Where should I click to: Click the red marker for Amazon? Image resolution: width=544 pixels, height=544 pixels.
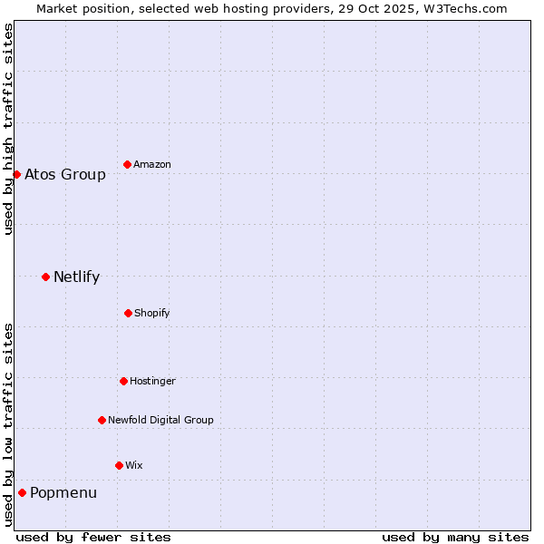tap(127, 164)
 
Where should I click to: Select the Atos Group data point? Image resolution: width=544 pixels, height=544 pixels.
tap(16, 174)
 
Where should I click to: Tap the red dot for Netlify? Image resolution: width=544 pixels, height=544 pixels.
tap(45, 277)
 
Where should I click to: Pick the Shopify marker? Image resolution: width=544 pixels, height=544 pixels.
tap(128, 313)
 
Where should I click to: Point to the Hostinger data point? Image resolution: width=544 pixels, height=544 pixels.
tap(123, 381)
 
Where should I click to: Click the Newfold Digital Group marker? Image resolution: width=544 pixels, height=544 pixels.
tap(102, 420)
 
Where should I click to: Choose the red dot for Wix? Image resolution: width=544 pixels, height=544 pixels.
tap(119, 465)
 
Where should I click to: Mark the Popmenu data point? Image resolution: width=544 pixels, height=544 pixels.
tap(22, 492)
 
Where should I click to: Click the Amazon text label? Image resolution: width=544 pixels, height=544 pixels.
tap(152, 165)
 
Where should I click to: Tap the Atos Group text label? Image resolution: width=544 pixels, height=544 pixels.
tap(65, 174)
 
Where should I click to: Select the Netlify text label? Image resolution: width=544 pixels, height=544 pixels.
tap(76, 277)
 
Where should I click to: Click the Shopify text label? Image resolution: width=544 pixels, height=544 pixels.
tap(152, 314)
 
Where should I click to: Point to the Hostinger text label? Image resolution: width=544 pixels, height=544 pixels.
tap(152, 382)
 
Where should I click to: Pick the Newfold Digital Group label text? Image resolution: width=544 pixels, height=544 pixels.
tap(160, 421)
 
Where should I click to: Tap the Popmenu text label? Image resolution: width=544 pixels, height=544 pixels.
tap(63, 493)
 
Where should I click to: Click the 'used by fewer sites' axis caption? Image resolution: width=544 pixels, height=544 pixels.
tap(93, 537)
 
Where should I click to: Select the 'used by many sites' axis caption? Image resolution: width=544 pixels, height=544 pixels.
tap(455, 537)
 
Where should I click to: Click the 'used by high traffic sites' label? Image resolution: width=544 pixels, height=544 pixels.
tap(8, 129)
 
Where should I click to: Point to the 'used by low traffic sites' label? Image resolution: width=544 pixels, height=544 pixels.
tap(8, 424)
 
